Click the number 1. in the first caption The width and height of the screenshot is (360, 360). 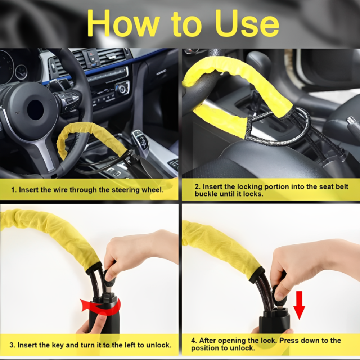point(14,190)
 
